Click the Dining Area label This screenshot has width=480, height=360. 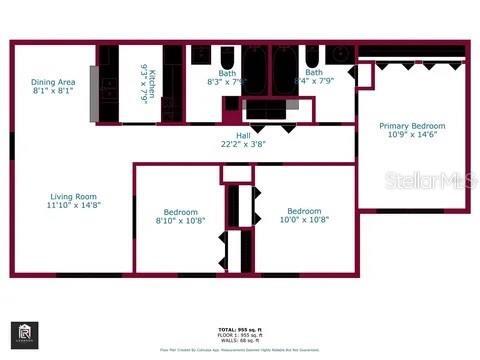(x=54, y=82)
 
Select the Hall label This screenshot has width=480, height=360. (x=243, y=135)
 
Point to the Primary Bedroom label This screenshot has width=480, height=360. (x=412, y=126)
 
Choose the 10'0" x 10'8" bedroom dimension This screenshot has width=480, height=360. (x=304, y=220)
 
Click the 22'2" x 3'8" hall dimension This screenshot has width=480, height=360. (x=243, y=144)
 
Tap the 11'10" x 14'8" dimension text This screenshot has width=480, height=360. (x=74, y=206)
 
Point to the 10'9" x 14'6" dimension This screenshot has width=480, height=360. (x=412, y=135)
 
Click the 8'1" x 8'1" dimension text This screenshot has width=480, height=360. (x=54, y=91)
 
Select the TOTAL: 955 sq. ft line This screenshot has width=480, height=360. (x=241, y=328)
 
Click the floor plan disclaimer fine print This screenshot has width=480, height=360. (x=240, y=350)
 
